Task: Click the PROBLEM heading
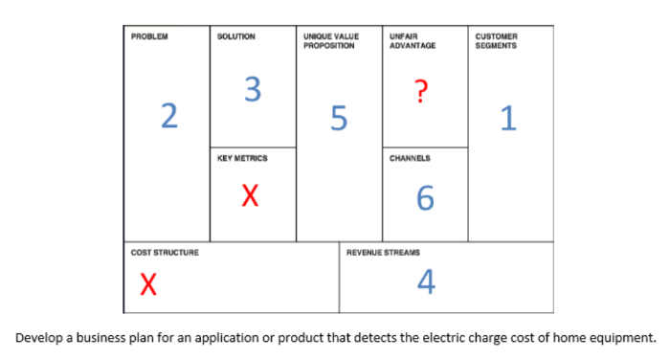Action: tap(149, 36)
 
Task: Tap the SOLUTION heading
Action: tap(236, 36)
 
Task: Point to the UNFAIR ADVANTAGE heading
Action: tap(413, 41)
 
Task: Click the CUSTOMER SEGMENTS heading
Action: tap(497, 41)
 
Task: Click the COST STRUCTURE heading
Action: tap(166, 252)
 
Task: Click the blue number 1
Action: tap(507, 119)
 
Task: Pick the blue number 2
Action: tap(169, 115)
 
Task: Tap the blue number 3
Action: tap(252, 89)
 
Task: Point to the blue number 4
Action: tap(427, 281)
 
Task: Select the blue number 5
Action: tap(338, 119)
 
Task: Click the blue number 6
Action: tap(426, 198)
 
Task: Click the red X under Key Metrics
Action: tap(249, 196)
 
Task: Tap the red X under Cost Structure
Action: tap(146, 284)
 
